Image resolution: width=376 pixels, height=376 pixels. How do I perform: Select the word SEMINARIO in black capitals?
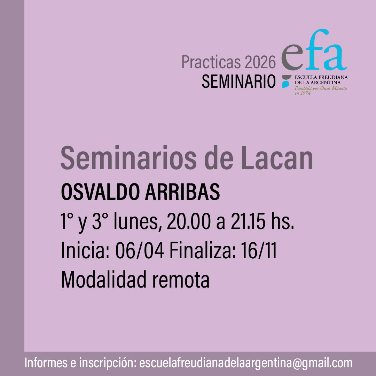pyautogui.click(x=238, y=81)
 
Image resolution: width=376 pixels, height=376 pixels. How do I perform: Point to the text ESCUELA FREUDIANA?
pyautogui.click(x=321, y=77)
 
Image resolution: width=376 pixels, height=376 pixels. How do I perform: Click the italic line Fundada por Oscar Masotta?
pyautogui.click(x=321, y=88)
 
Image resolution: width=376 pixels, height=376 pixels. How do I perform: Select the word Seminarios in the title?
pyautogui.click(x=128, y=158)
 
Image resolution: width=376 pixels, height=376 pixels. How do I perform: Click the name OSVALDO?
pyautogui.click(x=101, y=192)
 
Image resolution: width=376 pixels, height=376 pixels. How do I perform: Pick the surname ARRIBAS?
pyautogui.click(x=182, y=192)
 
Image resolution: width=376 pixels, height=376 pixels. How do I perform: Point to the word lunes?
pyautogui.click(x=136, y=221)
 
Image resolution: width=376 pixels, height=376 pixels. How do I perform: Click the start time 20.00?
pyautogui.click(x=189, y=221)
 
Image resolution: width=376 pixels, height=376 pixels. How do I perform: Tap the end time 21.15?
pyautogui.click(x=248, y=221)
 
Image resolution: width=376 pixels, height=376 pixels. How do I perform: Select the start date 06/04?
pyautogui.click(x=140, y=251)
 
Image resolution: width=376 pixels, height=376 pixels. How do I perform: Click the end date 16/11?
pyautogui.click(x=259, y=251)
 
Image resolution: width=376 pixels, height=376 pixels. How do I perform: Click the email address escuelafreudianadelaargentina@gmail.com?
pyautogui.click(x=246, y=363)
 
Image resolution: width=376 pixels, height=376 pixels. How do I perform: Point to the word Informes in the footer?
pyautogui.click(x=46, y=363)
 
